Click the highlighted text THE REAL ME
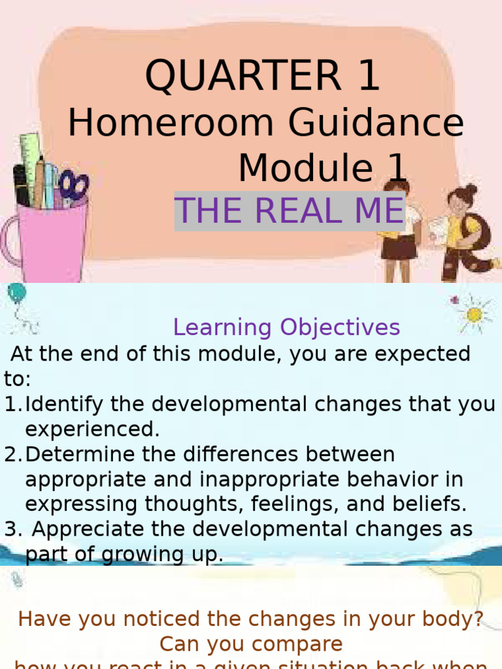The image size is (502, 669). pos(290,211)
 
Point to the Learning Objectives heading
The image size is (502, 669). pos(286,327)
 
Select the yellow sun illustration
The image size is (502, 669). pos(474,314)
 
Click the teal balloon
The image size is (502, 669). pos(17,293)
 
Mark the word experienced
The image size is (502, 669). pos(92,429)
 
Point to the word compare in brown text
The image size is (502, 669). pos(300,644)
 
